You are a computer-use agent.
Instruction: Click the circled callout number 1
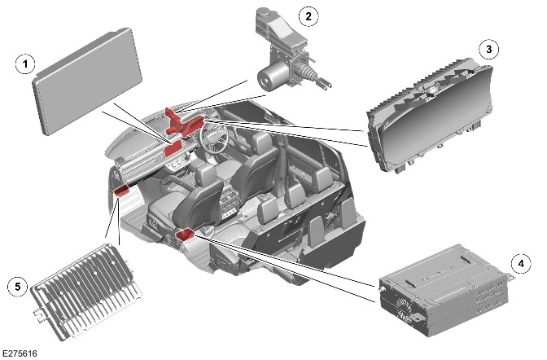pyautogui.click(x=25, y=64)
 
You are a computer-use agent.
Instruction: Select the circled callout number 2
pyautogui.click(x=309, y=15)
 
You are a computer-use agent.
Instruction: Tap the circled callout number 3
pyautogui.click(x=488, y=49)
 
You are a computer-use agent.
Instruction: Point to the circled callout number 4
pyautogui.click(x=521, y=263)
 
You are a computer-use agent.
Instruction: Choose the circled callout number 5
pyautogui.click(x=17, y=287)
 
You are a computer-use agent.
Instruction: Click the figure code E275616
pyautogui.click(x=20, y=353)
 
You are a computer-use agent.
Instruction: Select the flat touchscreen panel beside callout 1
pyautogui.click(x=87, y=81)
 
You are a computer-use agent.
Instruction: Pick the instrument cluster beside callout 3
pyautogui.click(x=431, y=117)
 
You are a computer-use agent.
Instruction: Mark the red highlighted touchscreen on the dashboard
pyautogui.click(x=173, y=148)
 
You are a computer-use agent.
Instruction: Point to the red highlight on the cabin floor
pyautogui.click(x=186, y=235)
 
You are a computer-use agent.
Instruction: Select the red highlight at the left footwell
pyautogui.click(x=122, y=191)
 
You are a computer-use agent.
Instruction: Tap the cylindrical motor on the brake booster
pyautogui.click(x=270, y=76)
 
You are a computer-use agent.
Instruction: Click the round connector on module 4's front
pyautogui.click(x=382, y=289)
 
